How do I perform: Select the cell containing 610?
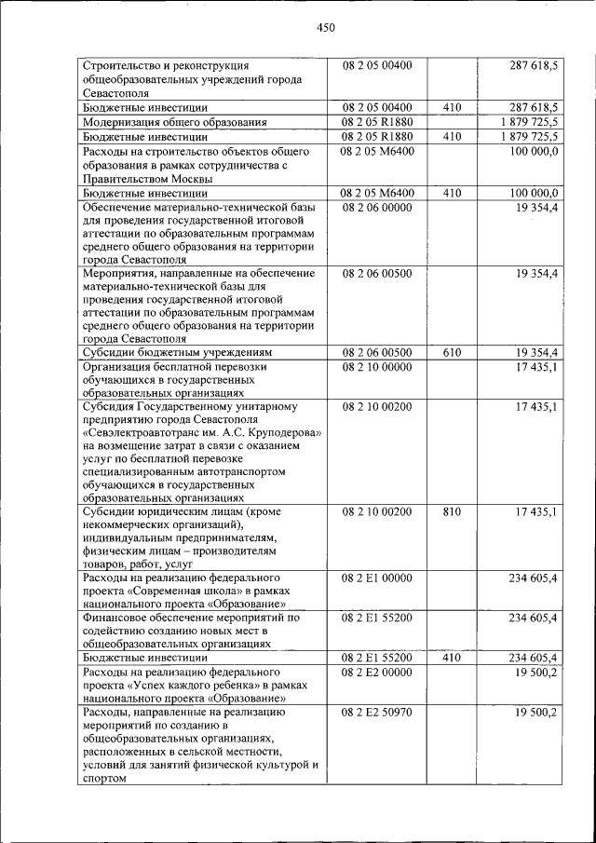[x=453, y=353]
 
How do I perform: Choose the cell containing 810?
[x=453, y=511]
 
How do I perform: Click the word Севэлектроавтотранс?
[x=146, y=434]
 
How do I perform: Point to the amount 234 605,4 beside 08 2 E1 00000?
[x=533, y=578]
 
